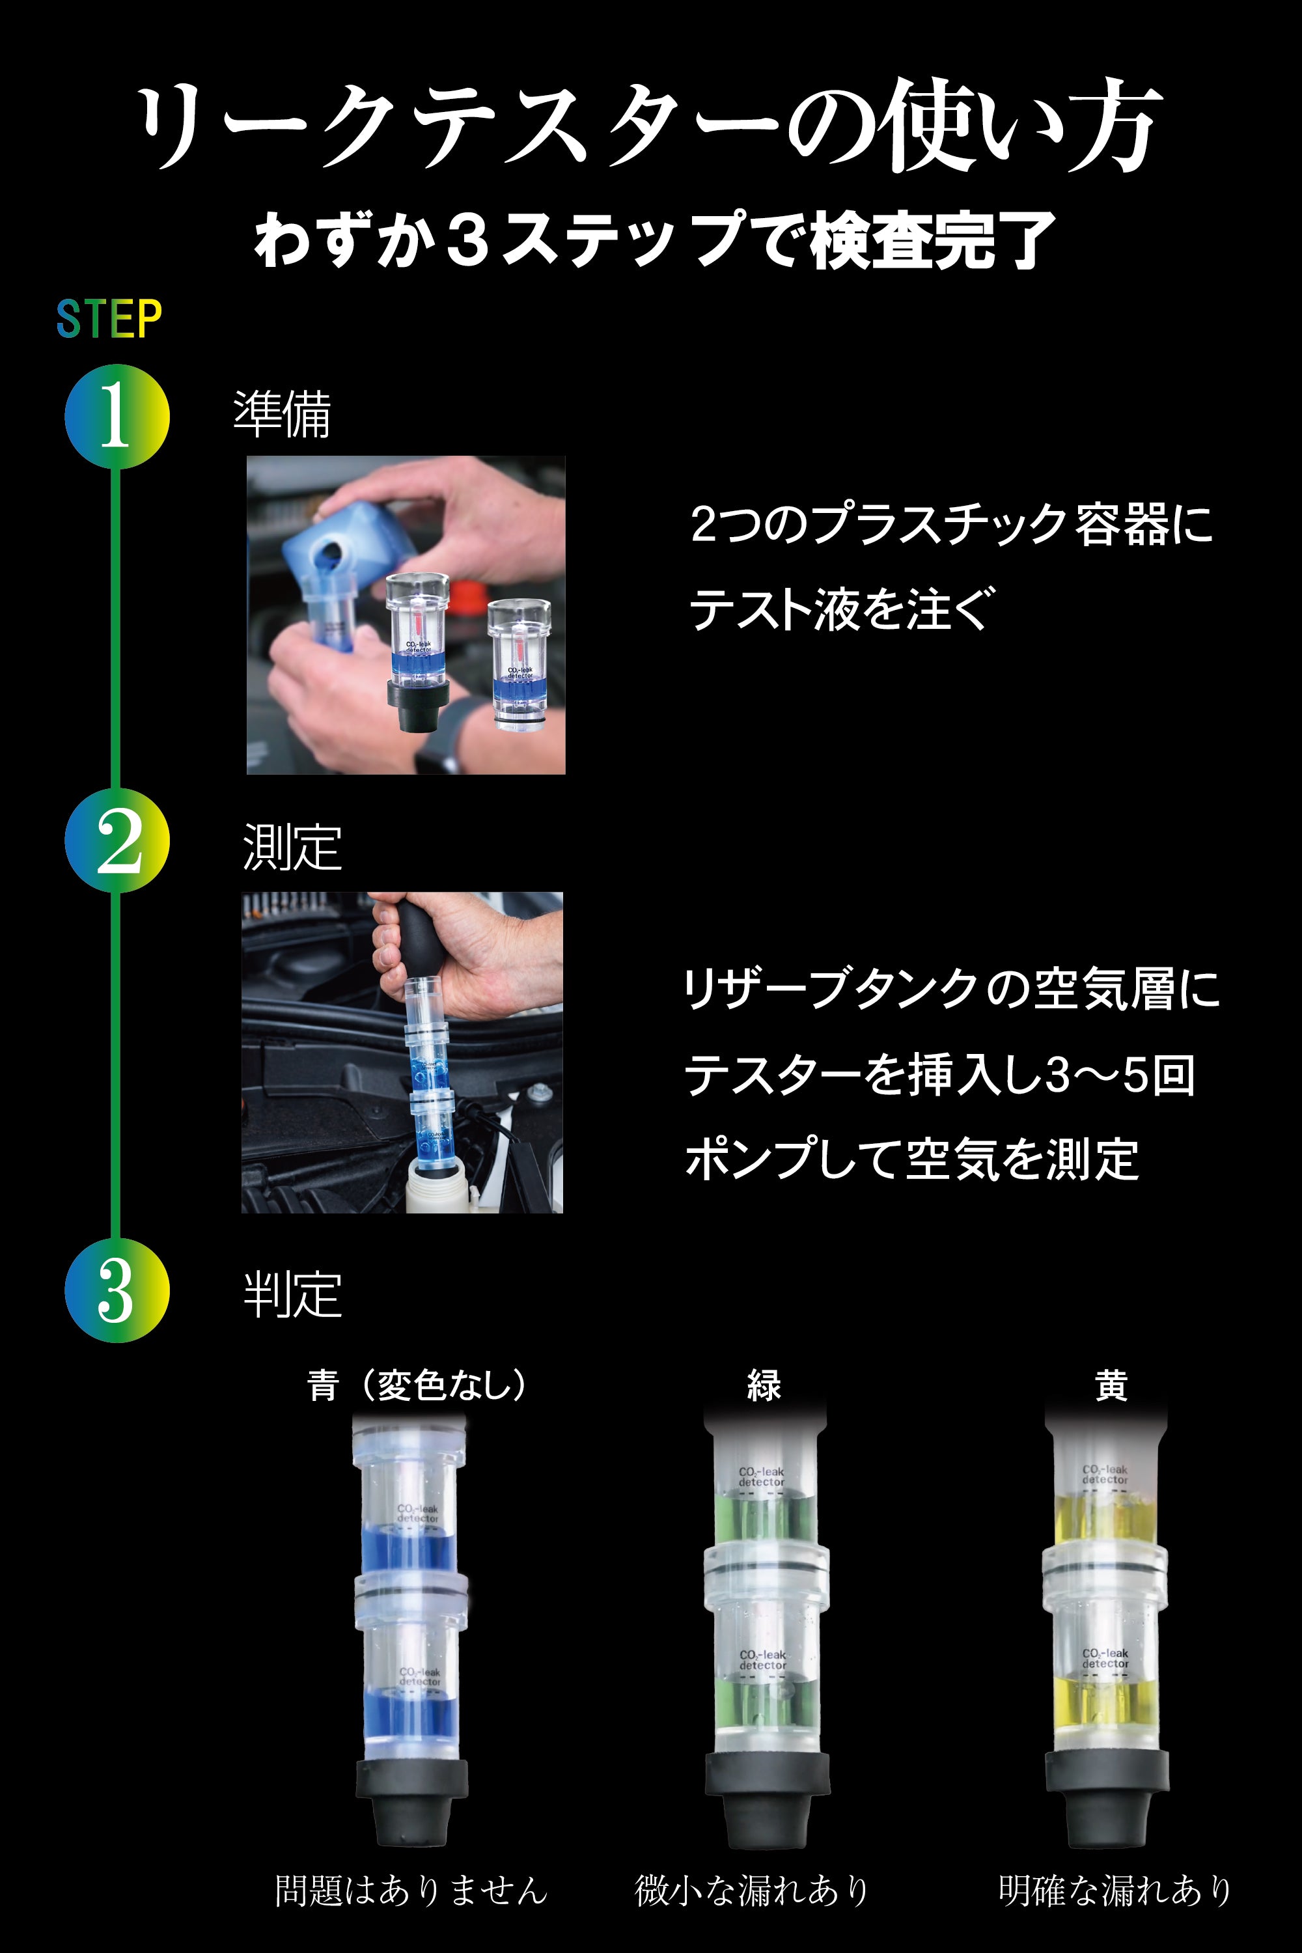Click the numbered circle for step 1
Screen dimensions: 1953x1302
(117, 416)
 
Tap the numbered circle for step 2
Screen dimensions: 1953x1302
(117, 840)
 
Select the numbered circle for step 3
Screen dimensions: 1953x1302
(117, 1290)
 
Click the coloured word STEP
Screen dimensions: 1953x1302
(109, 319)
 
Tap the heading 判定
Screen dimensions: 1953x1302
(292, 1295)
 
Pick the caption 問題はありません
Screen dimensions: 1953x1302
(411, 1890)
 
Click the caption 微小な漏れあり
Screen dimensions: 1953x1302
(751, 1890)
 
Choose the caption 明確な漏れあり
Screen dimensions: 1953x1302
(1115, 1890)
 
